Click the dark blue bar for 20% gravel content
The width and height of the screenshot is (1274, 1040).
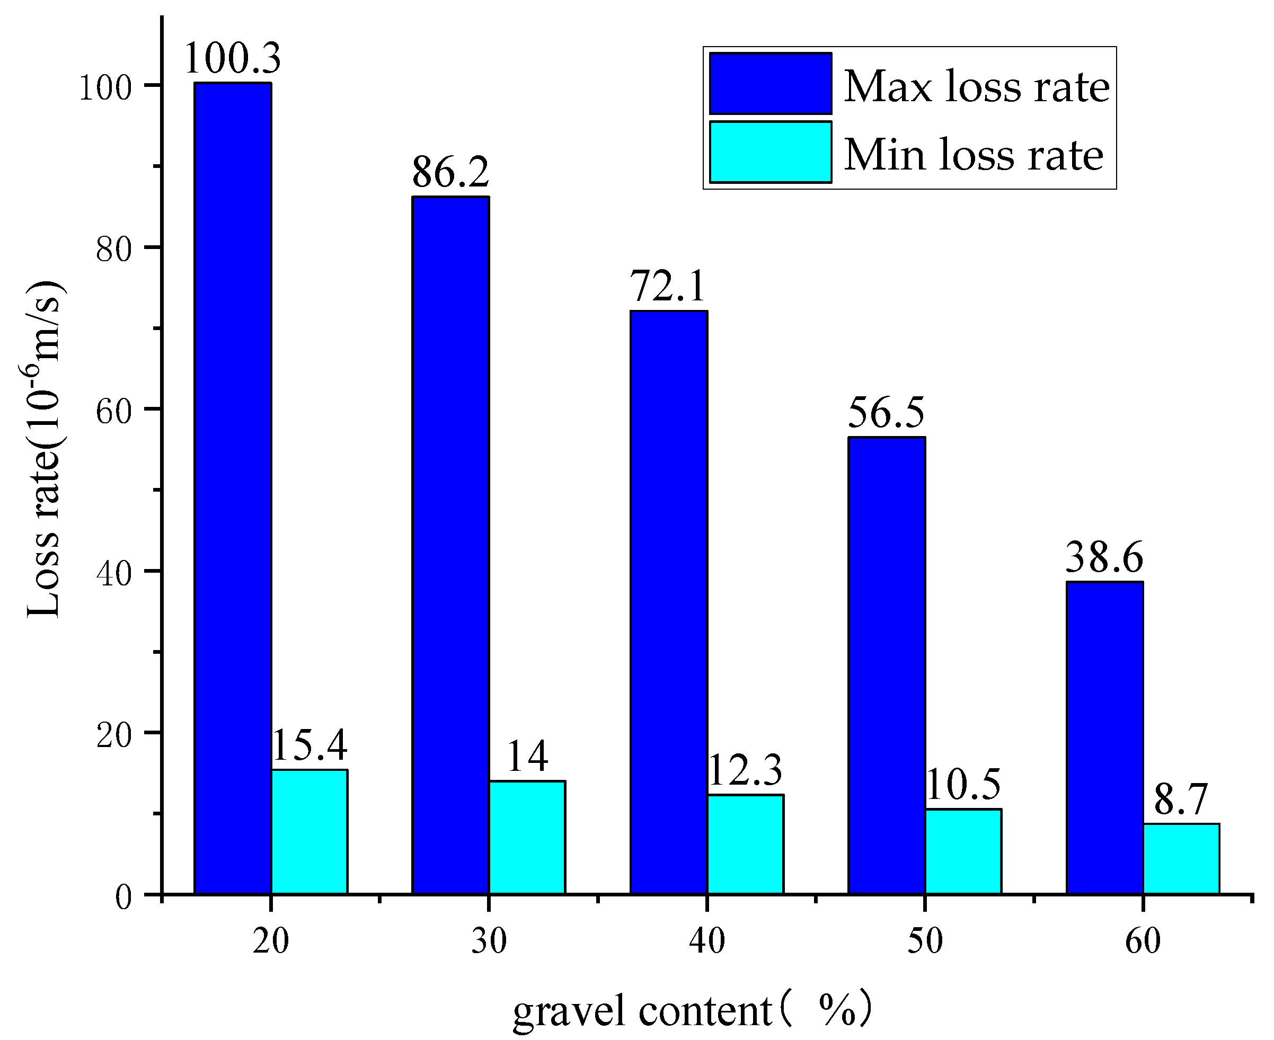(233, 488)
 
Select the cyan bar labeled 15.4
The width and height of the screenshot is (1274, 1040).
(309, 832)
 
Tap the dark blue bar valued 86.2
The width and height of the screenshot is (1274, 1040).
(450, 545)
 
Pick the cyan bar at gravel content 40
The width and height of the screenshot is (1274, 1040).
(746, 844)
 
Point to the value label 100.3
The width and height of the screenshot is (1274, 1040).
(233, 59)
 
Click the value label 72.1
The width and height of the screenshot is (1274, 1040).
(668, 287)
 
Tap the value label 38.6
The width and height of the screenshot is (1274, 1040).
(1104, 557)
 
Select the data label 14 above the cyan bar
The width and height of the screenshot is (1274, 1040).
(527, 757)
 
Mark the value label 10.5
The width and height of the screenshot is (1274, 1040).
(963, 784)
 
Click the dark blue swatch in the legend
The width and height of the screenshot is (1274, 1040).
(770, 83)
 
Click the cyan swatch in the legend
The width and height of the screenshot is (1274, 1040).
(770, 152)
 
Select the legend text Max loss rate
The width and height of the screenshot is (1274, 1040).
(976, 87)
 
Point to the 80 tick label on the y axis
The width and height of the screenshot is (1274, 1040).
(113, 248)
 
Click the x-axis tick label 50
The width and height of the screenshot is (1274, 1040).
(925, 941)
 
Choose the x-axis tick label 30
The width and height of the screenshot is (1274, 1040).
(489, 941)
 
